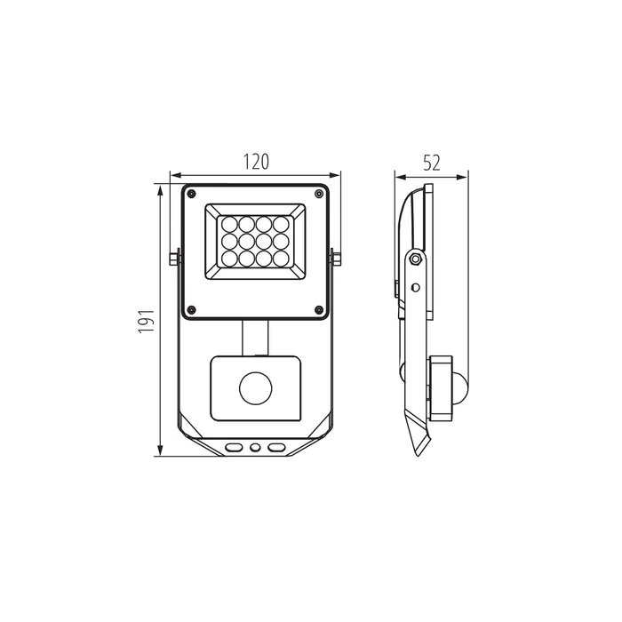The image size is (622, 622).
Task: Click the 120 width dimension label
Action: (256, 162)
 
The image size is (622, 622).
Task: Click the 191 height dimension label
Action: (147, 321)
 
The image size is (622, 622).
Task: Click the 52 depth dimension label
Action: (431, 163)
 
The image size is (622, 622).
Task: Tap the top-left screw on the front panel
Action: (192, 194)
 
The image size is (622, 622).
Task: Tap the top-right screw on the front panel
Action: (318, 194)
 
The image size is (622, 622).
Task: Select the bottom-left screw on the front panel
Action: (192, 309)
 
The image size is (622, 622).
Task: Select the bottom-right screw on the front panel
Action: (318, 309)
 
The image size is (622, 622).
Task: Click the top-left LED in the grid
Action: (229, 224)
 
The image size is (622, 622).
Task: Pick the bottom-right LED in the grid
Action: (281, 259)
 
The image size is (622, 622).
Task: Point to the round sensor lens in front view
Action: (256, 388)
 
